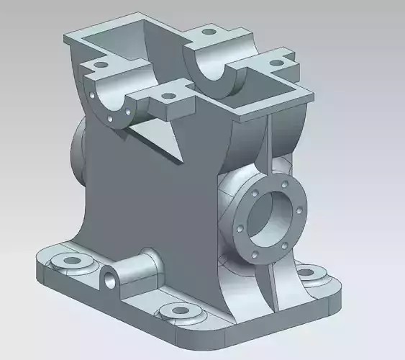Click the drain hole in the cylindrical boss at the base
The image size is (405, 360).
109,279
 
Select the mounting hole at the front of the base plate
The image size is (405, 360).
176,311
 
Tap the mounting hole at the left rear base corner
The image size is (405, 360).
71,258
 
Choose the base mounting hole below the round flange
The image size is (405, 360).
307,273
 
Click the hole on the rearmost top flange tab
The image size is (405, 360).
209,32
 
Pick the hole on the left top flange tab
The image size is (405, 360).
100,65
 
